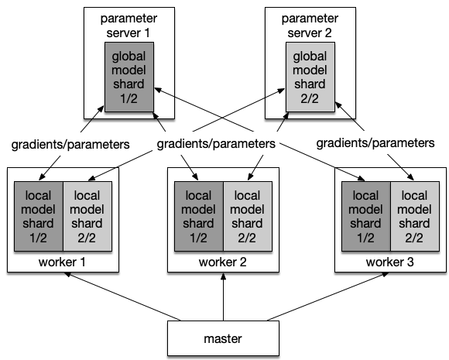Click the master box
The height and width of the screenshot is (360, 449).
pyautogui.click(x=223, y=338)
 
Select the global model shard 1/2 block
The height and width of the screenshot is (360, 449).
pyautogui.click(x=129, y=77)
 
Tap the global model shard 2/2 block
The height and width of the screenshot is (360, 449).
pyautogui.click(x=310, y=77)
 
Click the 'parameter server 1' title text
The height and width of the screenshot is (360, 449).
pyautogui.click(x=129, y=26)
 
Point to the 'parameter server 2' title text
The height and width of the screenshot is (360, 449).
pyautogui.click(x=310, y=26)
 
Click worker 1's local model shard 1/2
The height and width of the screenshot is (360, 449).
pyautogui.click(x=39, y=216)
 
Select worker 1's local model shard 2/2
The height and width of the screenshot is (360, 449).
pyautogui.click(x=87, y=216)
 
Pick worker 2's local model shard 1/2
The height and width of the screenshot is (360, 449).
pyautogui.click(x=199, y=216)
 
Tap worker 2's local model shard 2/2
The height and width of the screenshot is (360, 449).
pyautogui.click(x=248, y=216)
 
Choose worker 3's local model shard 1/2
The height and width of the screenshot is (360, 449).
pyautogui.click(x=366, y=216)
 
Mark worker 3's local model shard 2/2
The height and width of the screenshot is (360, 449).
pyautogui.click(x=415, y=216)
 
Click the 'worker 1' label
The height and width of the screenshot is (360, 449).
pyautogui.click(x=62, y=262)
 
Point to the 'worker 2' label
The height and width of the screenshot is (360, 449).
pyautogui.click(x=222, y=262)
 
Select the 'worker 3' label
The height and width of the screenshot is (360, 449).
pyautogui.click(x=389, y=262)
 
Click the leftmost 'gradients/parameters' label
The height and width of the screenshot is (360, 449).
pyautogui.click(x=70, y=144)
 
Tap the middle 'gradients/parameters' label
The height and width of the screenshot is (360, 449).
pyautogui.click(x=216, y=143)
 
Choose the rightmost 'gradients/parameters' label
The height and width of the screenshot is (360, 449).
pyautogui.click(x=375, y=143)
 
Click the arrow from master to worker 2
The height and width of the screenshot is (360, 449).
pyautogui.click(x=224, y=297)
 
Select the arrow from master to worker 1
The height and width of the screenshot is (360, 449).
pyautogui.click(x=122, y=297)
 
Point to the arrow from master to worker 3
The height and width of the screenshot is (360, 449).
pyautogui.click(x=328, y=297)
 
